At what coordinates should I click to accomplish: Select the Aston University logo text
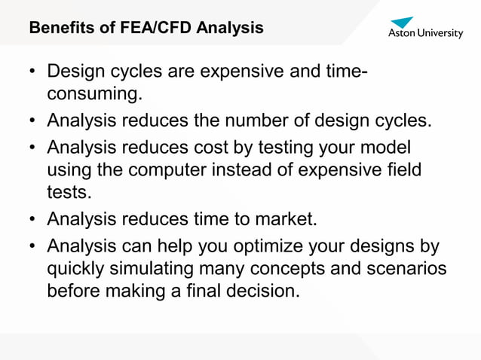tap(426, 34)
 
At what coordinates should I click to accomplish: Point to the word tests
tap(69, 194)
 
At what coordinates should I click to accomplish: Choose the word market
tap(283, 219)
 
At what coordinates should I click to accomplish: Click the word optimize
tap(265, 246)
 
